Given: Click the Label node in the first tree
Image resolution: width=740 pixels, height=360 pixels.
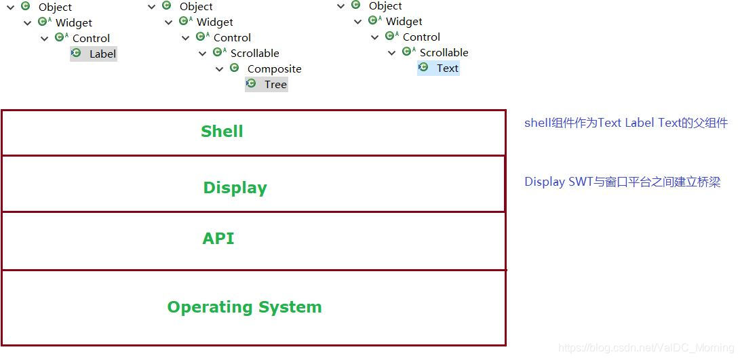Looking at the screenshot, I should tap(102, 54).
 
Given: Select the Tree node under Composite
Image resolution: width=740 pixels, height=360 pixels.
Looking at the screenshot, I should tap(275, 85).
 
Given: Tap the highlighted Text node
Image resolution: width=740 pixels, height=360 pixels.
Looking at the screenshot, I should tap(447, 68).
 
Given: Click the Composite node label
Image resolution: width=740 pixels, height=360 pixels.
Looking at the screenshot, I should tap(274, 69).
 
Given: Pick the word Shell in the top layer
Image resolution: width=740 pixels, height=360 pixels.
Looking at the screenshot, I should tap(222, 132).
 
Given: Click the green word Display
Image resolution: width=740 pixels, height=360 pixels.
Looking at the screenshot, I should tap(235, 188).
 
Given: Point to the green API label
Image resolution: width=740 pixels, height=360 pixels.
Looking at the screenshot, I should tap(218, 239).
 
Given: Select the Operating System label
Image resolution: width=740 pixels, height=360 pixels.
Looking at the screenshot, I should tap(244, 307).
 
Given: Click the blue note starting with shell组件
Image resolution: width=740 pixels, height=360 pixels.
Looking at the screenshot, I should tap(625, 123).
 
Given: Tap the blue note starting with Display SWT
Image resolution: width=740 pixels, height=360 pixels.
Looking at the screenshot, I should tap(622, 182).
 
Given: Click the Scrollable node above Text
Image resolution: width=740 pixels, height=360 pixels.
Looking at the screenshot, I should tap(444, 53).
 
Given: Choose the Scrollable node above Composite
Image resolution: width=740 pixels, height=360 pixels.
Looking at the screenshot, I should tap(254, 54).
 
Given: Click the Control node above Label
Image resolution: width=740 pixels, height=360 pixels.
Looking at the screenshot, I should tap(91, 39).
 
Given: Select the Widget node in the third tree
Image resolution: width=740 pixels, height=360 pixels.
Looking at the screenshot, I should tap(404, 22).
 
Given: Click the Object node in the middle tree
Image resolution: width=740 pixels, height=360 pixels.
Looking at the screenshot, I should tap(196, 7).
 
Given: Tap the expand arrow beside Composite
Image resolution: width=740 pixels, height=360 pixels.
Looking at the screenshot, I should tap(220, 69).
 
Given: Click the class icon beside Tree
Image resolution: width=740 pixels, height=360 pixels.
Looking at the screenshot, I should tap(251, 84).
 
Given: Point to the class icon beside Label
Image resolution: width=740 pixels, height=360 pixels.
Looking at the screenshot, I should tap(76, 53).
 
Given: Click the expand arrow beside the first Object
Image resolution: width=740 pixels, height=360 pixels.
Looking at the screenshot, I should tap(11, 7).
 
